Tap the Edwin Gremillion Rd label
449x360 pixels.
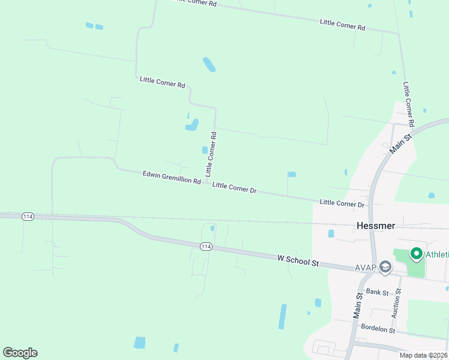[172, 178]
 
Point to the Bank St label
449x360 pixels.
[378, 292]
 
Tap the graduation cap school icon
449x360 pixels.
[385, 267]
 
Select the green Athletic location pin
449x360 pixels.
[415, 254]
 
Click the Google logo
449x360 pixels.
[20, 353]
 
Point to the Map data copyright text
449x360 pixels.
[423, 355]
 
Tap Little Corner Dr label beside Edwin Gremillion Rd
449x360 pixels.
[235, 187]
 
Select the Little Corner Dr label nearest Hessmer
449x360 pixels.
[342, 204]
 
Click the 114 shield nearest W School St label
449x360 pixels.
[206, 247]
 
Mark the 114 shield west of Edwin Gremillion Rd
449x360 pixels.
[28, 217]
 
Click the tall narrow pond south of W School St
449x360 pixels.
[282, 316]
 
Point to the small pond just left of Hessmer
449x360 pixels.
[331, 233]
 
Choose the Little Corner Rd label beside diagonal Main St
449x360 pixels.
[409, 104]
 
